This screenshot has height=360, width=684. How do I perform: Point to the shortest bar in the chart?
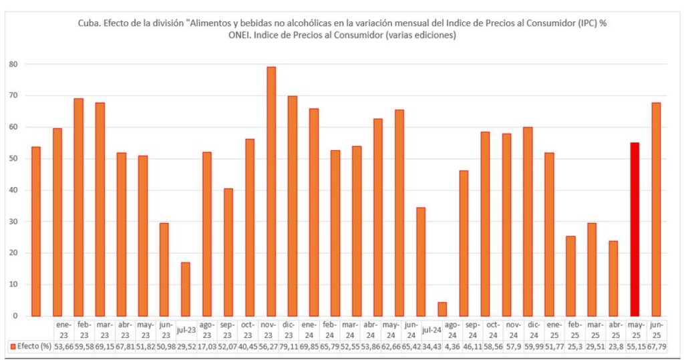[442, 309]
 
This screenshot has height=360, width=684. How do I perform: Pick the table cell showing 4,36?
[453, 347]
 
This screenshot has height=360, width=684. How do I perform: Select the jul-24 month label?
[432, 329]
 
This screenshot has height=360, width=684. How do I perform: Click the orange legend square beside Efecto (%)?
[13, 347]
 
